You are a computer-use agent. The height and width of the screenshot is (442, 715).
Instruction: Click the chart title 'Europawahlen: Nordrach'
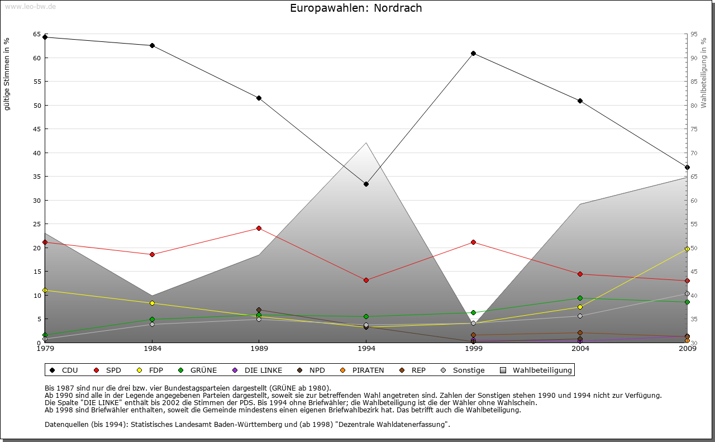356,8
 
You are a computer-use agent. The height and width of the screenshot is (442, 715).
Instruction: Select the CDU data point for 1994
366,184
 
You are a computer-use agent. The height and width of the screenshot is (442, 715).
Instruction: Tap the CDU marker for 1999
473,54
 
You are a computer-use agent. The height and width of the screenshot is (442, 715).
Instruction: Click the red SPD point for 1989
259,228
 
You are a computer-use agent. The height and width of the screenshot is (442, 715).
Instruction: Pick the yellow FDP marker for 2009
687,249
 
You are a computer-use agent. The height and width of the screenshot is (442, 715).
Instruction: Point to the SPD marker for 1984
152,254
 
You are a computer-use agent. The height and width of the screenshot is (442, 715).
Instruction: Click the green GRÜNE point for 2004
580,298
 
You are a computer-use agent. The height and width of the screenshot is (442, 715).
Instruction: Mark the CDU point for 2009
687,167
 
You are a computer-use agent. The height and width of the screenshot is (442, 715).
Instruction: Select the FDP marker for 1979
45,291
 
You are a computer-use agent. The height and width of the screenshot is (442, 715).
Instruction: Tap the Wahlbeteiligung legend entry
536,370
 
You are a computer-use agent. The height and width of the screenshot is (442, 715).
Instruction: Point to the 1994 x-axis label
366,349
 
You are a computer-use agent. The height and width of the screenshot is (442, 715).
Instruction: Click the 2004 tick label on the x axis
580,349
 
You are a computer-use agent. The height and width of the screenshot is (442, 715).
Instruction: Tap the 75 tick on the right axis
694,129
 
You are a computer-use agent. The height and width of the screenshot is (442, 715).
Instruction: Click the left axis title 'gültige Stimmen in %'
7,74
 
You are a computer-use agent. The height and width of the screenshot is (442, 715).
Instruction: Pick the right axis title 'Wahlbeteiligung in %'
704,73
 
